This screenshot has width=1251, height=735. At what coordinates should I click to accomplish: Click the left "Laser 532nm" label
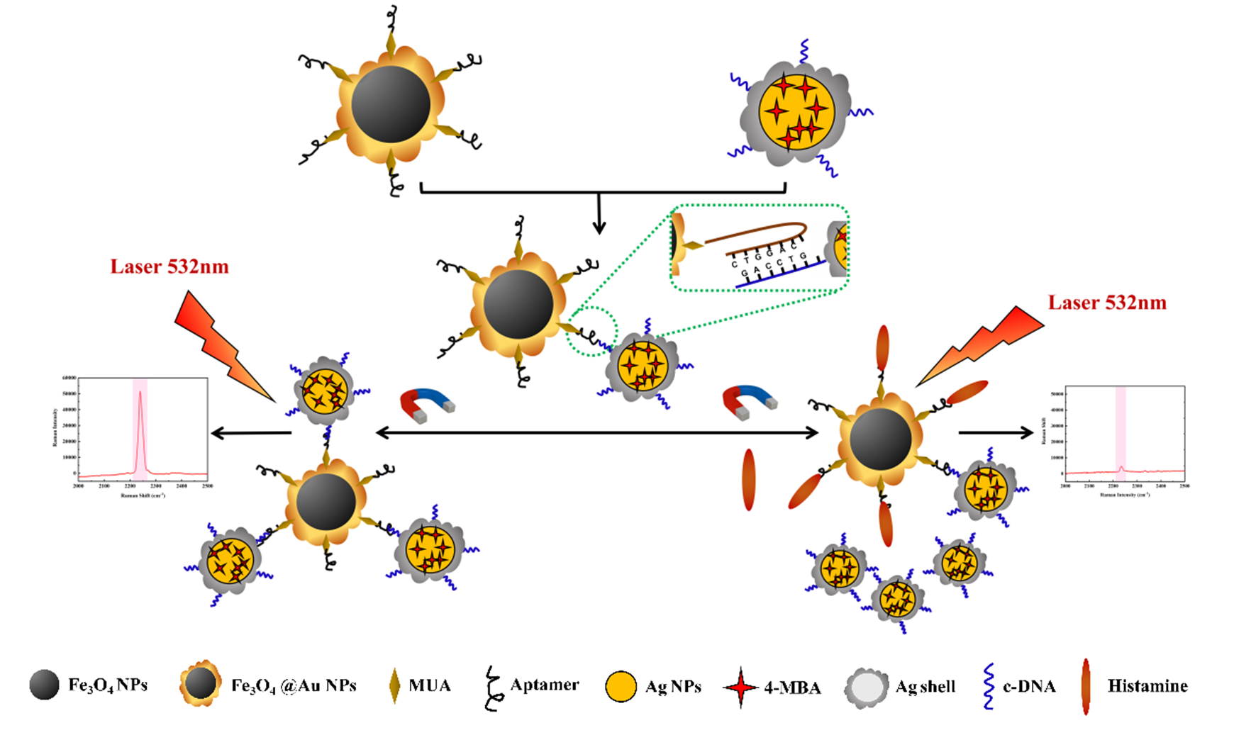(169, 266)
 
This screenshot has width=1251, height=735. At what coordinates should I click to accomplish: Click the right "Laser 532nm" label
(1107, 303)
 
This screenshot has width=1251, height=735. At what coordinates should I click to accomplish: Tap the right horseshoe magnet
(749, 401)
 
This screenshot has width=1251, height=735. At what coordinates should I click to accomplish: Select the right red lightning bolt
(982, 344)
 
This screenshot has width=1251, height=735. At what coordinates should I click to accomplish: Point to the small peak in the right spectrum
(1121, 468)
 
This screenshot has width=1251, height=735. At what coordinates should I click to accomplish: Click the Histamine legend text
(1147, 686)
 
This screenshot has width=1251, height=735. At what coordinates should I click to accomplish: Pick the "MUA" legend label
(429, 686)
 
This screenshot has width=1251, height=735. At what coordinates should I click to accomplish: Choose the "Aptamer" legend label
(544, 685)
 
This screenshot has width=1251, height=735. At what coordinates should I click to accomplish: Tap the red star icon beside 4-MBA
(740, 687)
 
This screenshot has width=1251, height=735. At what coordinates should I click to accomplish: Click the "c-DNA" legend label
(1028, 686)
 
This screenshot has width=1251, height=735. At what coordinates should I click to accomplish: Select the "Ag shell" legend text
(925, 686)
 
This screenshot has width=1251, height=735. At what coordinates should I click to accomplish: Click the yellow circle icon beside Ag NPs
(621, 687)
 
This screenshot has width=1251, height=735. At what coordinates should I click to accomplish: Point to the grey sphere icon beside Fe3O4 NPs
(44, 685)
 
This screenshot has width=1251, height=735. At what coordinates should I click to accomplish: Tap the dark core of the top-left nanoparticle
(391, 103)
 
